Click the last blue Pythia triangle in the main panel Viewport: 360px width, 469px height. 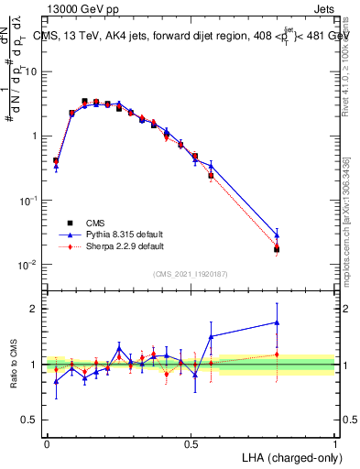(x=277, y=235)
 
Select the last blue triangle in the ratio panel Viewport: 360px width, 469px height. (x=277, y=322)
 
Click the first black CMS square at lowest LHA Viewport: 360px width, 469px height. (x=56, y=161)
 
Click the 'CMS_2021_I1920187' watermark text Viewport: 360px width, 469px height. (x=191, y=274)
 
